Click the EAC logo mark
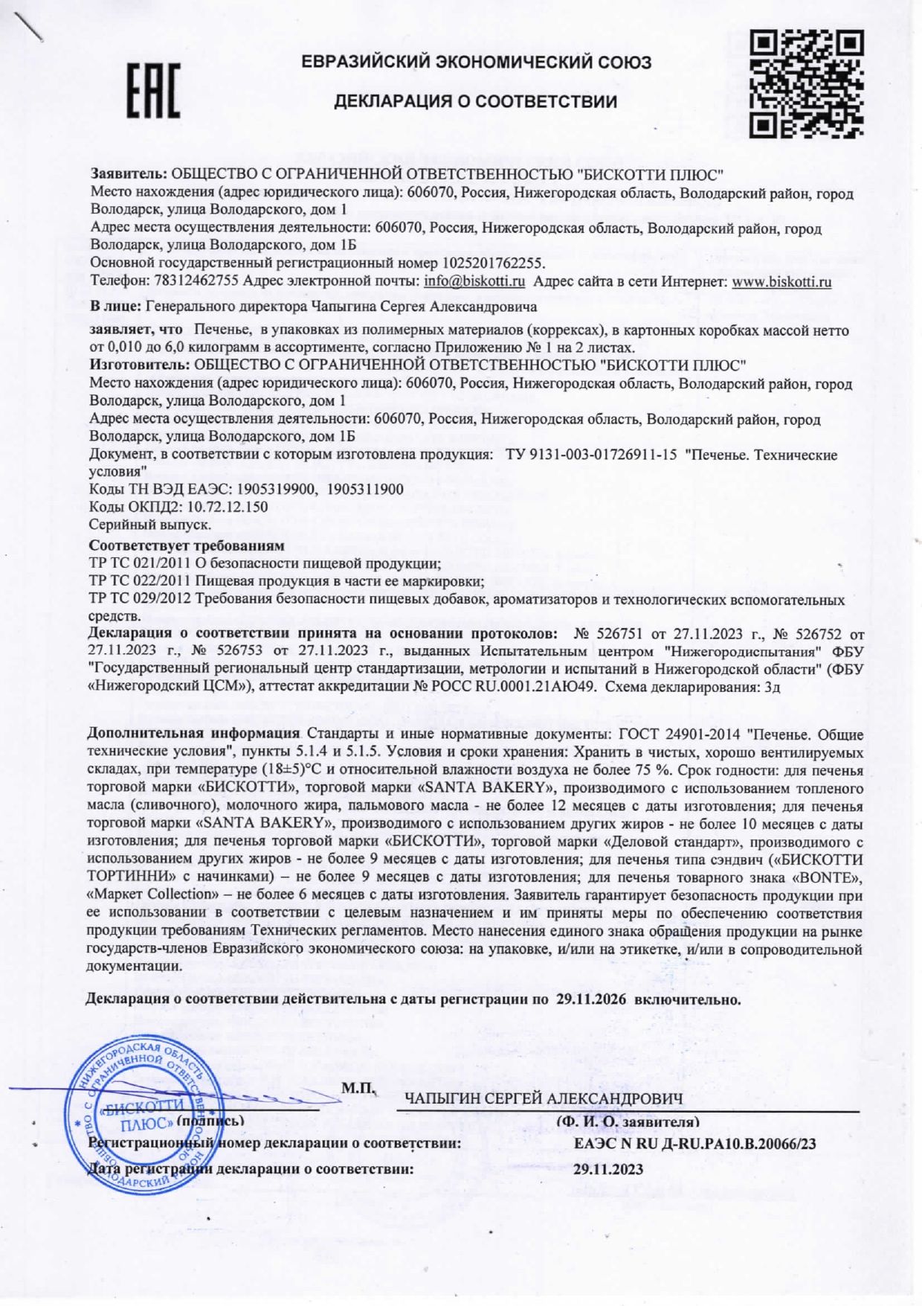click(x=152, y=92)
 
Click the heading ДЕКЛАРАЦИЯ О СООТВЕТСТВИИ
click(x=475, y=101)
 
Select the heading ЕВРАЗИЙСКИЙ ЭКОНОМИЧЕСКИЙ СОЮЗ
click(x=477, y=63)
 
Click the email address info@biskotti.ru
click(x=474, y=282)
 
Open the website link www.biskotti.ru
click(x=781, y=282)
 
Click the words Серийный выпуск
click(x=150, y=525)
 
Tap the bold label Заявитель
click(x=129, y=175)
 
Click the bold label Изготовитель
click(x=138, y=365)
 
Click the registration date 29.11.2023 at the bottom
click(x=608, y=1169)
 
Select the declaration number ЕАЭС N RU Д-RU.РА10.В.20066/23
click(x=694, y=1144)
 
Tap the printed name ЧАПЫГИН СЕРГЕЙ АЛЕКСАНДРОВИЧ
click(x=544, y=1098)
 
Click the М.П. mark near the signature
click(x=358, y=1089)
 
